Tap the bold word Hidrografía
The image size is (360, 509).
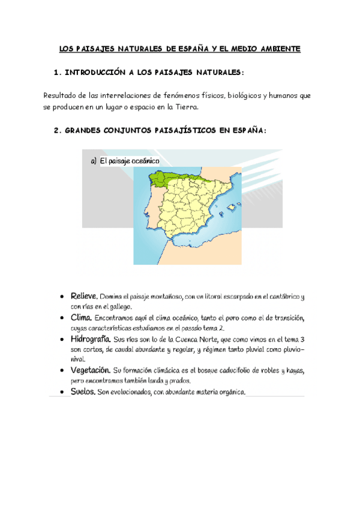click(91, 339)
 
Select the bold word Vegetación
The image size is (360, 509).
click(89, 371)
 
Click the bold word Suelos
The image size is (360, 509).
click(83, 392)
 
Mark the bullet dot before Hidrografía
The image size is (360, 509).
click(62, 340)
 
